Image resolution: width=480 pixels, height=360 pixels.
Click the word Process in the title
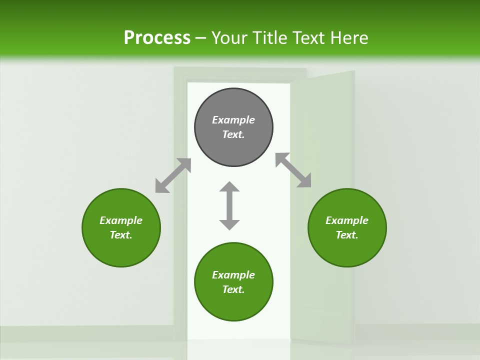point(157,38)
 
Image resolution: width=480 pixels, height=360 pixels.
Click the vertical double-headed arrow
point(229,205)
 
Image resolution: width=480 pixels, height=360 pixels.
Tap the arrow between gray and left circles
point(173,175)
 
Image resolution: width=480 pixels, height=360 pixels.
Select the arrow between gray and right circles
point(293,170)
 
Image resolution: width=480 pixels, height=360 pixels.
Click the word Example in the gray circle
point(233,120)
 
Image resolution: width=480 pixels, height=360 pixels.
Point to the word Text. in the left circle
point(121,235)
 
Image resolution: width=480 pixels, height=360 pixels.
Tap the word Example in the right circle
point(347,220)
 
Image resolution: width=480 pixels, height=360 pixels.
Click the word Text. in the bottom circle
point(233,289)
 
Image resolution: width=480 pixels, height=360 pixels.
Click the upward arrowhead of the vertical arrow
point(229,187)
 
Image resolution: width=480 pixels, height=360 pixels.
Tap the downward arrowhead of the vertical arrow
point(229,224)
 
